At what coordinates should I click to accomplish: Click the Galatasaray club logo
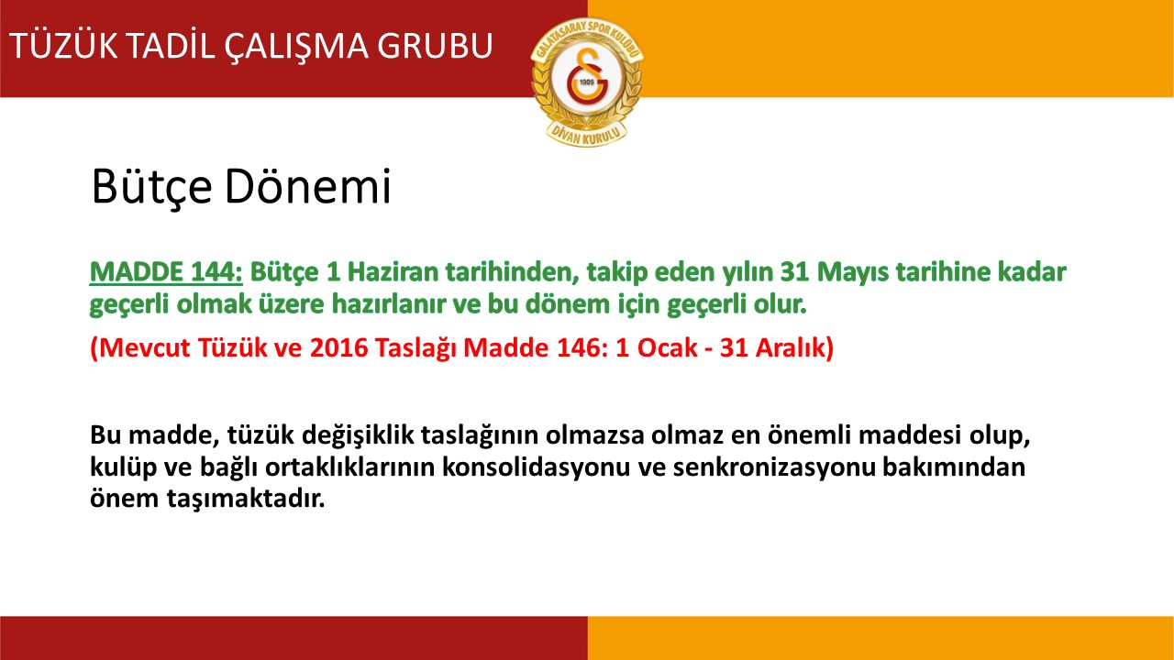[x=587, y=82]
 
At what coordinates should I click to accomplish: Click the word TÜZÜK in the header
[x=63, y=45]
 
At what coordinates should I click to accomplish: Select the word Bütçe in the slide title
[x=152, y=186]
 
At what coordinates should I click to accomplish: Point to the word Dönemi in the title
[x=308, y=186]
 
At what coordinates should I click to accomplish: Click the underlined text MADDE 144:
[x=166, y=272]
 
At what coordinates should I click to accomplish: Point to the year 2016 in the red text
[x=339, y=347]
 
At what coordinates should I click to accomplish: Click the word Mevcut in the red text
[x=144, y=347]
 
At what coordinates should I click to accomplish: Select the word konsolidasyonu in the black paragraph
[x=537, y=467]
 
